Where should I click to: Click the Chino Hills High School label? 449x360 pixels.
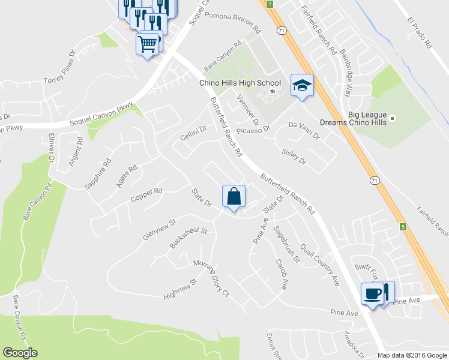[240, 83]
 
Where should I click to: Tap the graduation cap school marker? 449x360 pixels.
[302, 85]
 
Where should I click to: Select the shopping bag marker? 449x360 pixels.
[234, 196]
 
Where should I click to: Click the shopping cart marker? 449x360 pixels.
[148, 43]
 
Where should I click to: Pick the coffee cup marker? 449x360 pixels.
[372, 293]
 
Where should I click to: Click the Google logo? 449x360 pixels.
[20, 353]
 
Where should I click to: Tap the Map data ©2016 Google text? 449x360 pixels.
[412, 355]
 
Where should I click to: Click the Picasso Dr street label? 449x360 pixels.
[254, 128]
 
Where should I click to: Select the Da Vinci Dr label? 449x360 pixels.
[304, 131]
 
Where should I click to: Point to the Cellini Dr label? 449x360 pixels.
[193, 134]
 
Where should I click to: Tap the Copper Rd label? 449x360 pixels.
[146, 194]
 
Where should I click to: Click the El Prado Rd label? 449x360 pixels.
[420, 32]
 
